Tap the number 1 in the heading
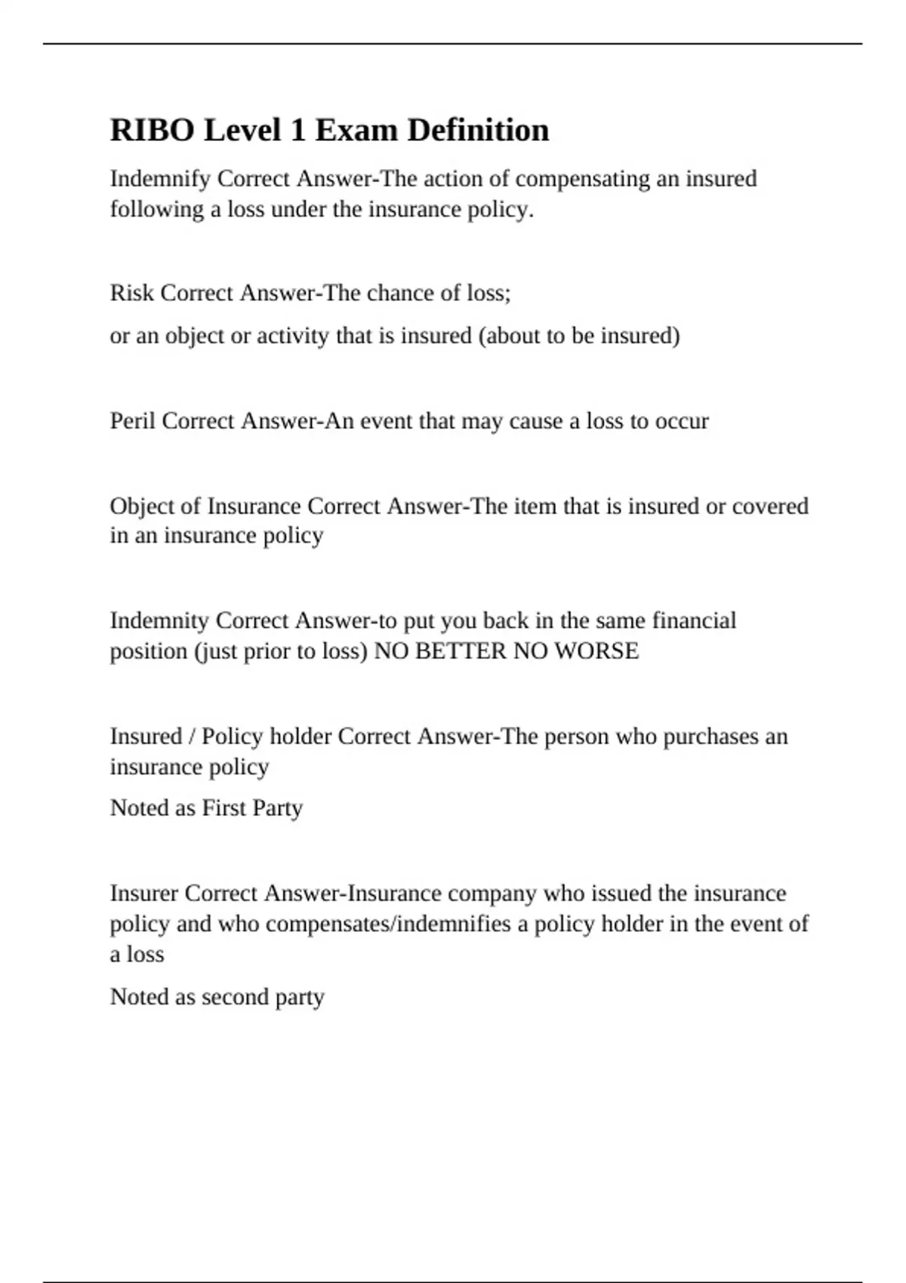tap(298, 131)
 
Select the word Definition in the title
tap(478, 131)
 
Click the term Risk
tap(132, 293)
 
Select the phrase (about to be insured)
tap(579, 336)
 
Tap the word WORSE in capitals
tap(596, 651)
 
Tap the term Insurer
tap(143, 894)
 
